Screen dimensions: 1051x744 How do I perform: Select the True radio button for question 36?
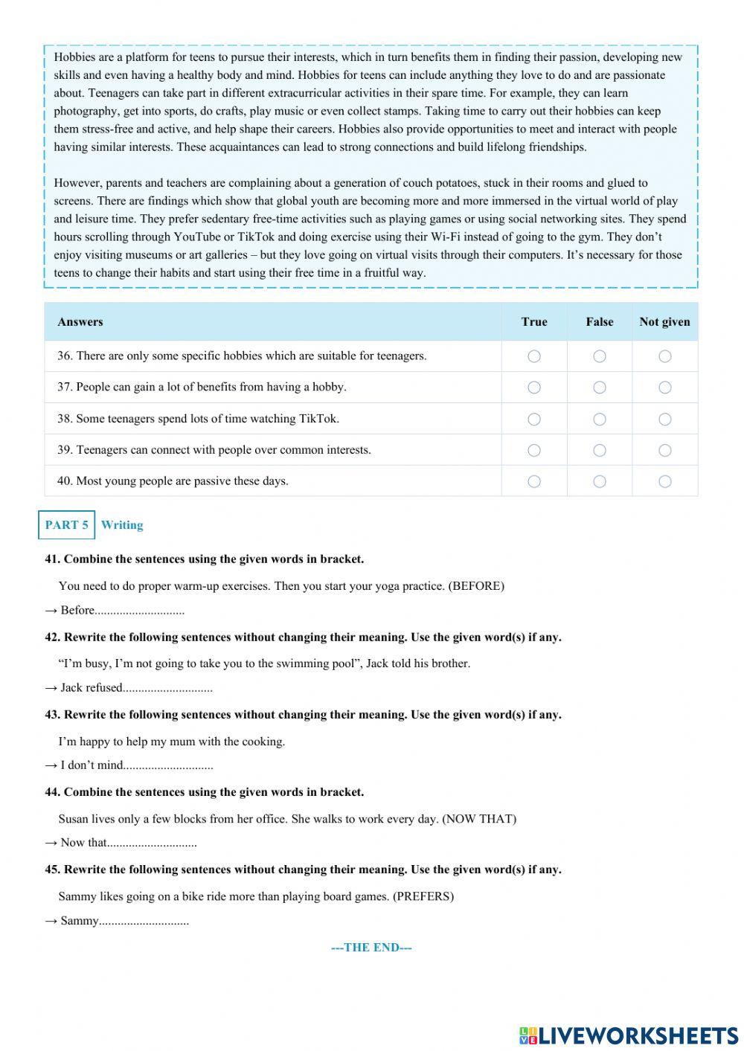[x=534, y=356]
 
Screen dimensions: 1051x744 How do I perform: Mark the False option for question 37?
[x=600, y=388]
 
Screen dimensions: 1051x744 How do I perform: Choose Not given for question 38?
[x=665, y=420]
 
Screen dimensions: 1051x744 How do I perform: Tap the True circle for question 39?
[x=534, y=451]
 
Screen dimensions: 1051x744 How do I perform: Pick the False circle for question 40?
[x=600, y=482]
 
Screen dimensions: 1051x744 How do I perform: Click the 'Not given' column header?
[x=664, y=322]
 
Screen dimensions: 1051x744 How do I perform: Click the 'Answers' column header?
[x=80, y=322]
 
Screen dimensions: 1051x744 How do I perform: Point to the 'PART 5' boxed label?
[x=66, y=525]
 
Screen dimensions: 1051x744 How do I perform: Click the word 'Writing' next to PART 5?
[x=122, y=525]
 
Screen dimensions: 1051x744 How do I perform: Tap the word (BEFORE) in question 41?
[x=476, y=586]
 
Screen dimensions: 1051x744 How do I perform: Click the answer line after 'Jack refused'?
[x=168, y=688]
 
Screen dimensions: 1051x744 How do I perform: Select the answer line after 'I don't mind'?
[x=169, y=765]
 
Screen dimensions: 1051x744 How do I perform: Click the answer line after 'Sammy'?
[x=144, y=921]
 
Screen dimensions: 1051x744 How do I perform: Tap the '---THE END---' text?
[x=371, y=948]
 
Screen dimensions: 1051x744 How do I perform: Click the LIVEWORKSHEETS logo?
[x=629, y=1035]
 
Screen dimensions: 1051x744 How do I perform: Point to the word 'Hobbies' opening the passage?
[x=75, y=57]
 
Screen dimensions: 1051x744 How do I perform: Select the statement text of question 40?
[x=173, y=481]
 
